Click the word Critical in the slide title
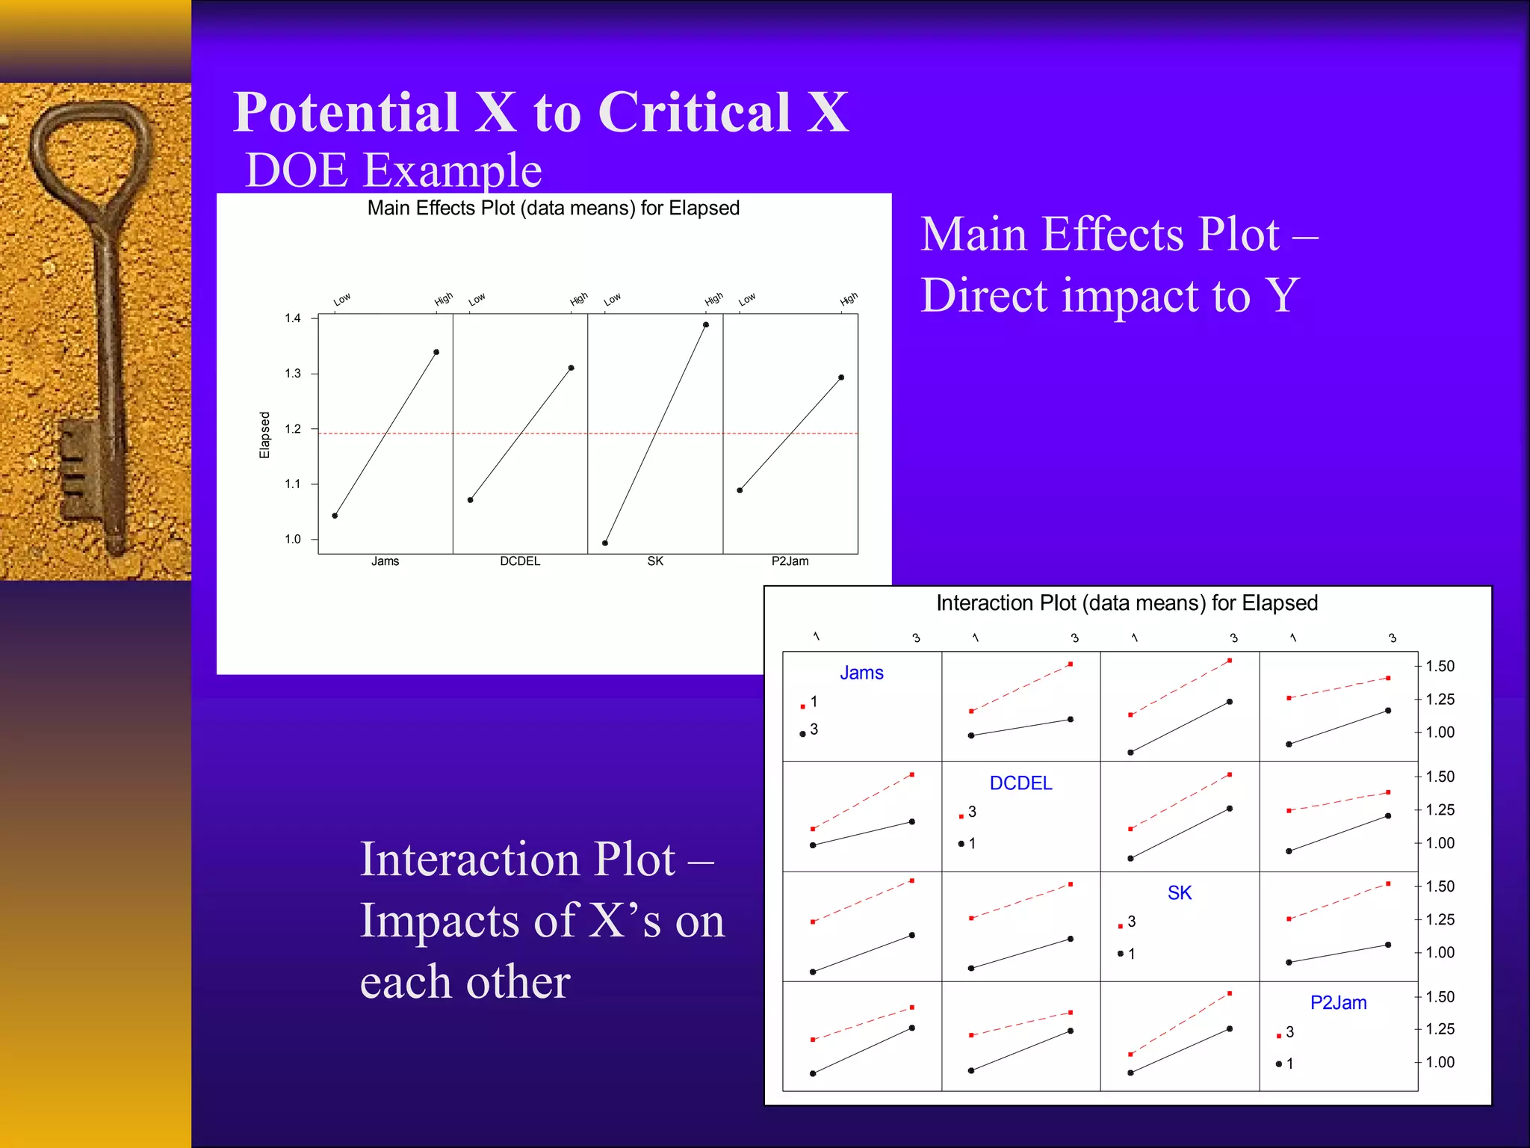(694, 112)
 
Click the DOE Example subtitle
(393, 170)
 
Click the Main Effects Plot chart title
(553, 208)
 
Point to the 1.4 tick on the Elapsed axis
(293, 318)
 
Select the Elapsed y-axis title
(264, 434)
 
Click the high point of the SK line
(706, 325)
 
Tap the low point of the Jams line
(335, 516)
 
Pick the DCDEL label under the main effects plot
(520, 561)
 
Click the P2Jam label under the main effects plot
(790, 561)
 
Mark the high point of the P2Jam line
(841, 377)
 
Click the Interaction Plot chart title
(1127, 603)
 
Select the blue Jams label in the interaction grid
(861, 673)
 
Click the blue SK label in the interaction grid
(1180, 893)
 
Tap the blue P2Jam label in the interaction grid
(1338, 1003)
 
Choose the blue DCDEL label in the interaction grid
(1020, 783)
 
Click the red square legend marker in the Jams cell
(803, 706)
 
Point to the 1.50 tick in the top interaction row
(1440, 666)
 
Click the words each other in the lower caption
(465, 982)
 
